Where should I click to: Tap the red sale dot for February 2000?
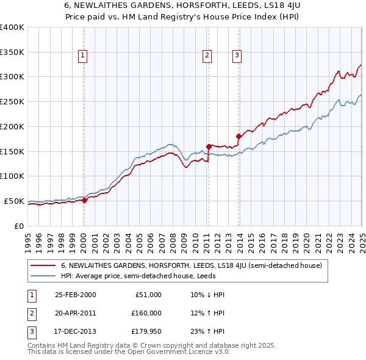click(x=85, y=201)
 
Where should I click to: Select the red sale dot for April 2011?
click(x=209, y=146)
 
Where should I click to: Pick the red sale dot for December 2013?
click(x=239, y=136)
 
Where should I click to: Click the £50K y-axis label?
click(x=14, y=201)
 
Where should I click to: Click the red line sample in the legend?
click(x=43, y=265)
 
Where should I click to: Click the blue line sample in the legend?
click(x=43, y=276)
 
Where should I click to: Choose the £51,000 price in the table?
click(x=148, y=295)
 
